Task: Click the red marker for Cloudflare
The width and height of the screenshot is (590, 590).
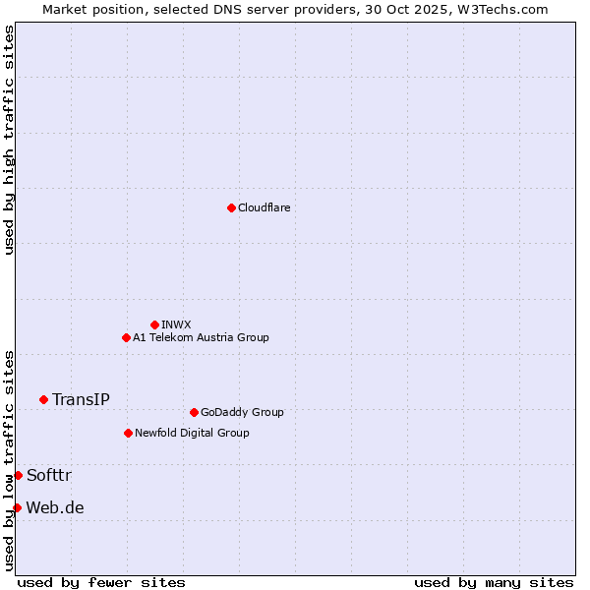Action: pyautogui.click(x=231, y=207)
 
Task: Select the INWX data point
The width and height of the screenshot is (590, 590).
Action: pyautogui.click(x=154, y=324)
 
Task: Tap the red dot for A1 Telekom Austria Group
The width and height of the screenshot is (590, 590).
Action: pyautogui.click(x=126, y=337)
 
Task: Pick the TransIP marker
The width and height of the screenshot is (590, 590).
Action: pyautogui.click(x=43, y=399)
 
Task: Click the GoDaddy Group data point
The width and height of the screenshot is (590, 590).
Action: pyautogui.click(x=194, y=412)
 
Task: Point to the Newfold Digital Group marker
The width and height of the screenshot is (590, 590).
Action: pyautogui.click(x=128, y=433)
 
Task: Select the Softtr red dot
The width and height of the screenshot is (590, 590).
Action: pyautogui.click(x=18, y=475)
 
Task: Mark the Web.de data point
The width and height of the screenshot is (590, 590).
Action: pyautogui.click(x=17, y=507)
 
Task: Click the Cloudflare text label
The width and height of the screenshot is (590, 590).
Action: pyautogui.click(x=264, y=207)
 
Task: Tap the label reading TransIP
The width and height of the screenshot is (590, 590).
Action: pyautogui.click(x=81, y=399)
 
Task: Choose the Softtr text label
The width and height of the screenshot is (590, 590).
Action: pyautogui.click(x=49, y=475)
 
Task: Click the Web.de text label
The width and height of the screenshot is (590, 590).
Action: pyautogui.click(x=55, y=507)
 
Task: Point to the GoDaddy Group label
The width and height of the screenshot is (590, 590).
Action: pyautogui.click(x=242, y=412)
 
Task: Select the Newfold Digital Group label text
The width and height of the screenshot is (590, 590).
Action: pyautogui.click(x=192, y=433)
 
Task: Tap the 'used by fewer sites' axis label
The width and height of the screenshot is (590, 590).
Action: pyautogui.click(x=101, y=582)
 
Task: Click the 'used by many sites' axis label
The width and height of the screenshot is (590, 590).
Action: pyautogui.click(x=494, y=582)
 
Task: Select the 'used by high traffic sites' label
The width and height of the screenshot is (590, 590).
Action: pyautogui.click(x=9, y=140)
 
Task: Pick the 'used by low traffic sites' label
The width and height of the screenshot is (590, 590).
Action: pyautogui.click(x=9, y=459)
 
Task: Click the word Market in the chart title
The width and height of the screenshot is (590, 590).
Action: pyautogui.click(x=67, y=9)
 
